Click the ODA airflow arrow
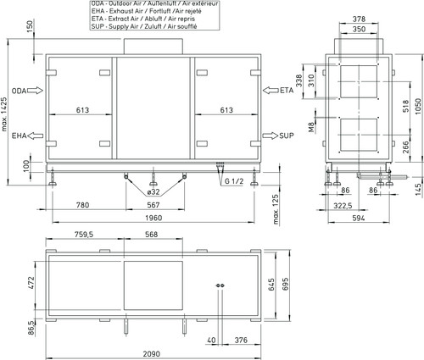[x=35, y=91]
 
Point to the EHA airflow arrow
[x=36, y=136]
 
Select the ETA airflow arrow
[x=271, y=91]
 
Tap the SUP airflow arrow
[x=271, y=136]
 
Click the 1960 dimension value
[x=153, y=218]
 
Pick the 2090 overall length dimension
[x=152, y=354]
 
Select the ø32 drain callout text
[x=153, y=192]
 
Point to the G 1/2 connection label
[x=234, y=181]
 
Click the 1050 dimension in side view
[x=419, y=106]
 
